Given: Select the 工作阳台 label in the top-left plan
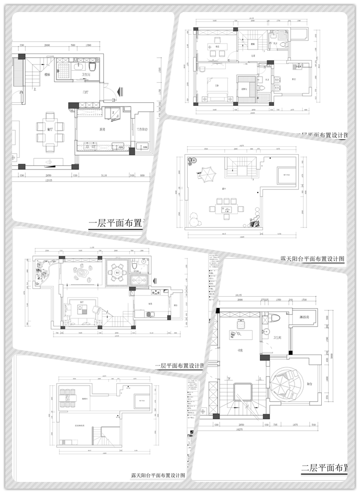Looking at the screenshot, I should click(143, 129).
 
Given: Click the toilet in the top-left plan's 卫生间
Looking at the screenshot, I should click(92, 67).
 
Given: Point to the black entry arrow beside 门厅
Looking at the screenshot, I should click(120, 91).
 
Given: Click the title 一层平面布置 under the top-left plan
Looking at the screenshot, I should click(116, 223).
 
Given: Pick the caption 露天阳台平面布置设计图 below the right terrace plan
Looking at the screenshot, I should click(312, 259).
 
